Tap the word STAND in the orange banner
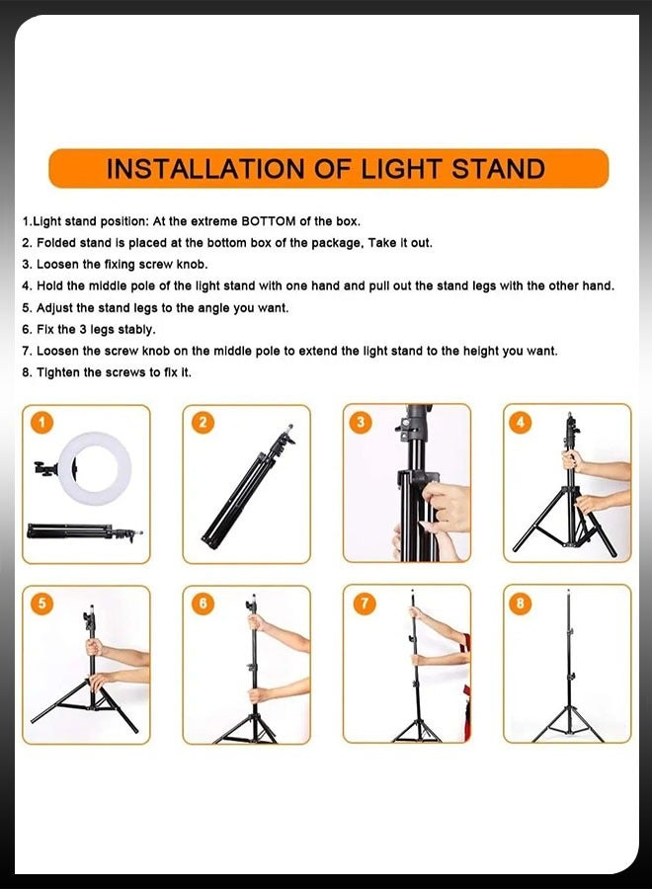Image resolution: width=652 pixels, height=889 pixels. [x=498, y=169]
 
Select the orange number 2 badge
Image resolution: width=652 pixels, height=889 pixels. [x=203, y=423]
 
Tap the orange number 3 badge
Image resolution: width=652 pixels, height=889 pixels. [x=361, y=422]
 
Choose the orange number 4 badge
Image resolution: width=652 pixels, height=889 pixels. [x=521, y=422]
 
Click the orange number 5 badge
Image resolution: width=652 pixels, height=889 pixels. [x=41, y=604]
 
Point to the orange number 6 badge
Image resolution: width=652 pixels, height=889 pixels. [x=203, y=604]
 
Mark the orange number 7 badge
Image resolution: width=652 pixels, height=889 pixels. [x=364, y=603]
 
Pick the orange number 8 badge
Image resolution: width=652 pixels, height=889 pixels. [x=521, y=603]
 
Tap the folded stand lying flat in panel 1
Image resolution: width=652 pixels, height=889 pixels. [x=85, y=531]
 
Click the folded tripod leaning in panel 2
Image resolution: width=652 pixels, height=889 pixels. [x=247, y=488]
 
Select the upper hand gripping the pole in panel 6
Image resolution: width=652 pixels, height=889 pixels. [x=257, y=624]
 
